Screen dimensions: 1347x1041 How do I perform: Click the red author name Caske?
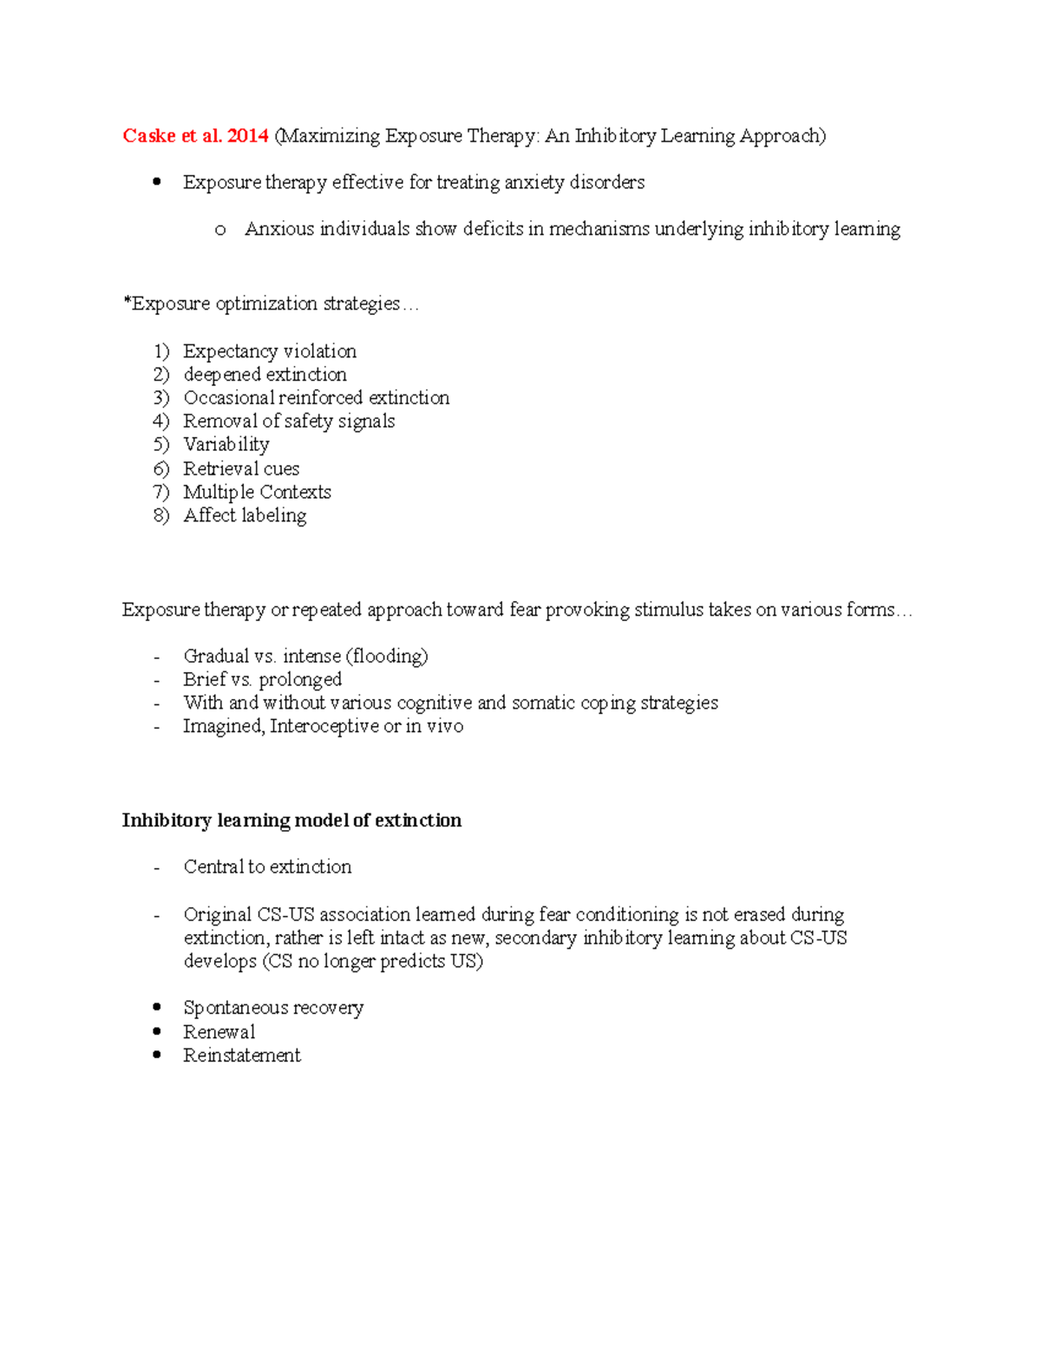(149, 136)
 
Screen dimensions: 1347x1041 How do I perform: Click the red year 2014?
(247, 136)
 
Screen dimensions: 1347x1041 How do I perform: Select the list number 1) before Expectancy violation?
(161, 351)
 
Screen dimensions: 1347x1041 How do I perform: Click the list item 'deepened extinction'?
(265, 375)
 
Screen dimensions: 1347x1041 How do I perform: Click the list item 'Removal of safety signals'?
(289, 422)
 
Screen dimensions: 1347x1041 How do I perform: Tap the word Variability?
(226, 445)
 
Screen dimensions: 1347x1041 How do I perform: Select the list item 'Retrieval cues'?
(241, 469)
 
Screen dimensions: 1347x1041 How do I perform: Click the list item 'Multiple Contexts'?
(257, 493)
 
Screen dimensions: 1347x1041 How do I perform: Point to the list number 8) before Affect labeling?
(161, 516)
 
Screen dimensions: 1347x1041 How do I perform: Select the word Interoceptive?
(324, 727)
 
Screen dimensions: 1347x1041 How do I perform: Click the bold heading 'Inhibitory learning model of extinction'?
(291, 821)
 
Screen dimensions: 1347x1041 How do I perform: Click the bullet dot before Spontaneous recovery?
(157, 1007)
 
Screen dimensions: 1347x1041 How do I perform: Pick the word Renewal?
(219, 1032)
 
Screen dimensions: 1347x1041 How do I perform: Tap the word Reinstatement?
(241, 1056)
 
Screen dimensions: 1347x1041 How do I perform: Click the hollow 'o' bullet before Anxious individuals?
(220, 231)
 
